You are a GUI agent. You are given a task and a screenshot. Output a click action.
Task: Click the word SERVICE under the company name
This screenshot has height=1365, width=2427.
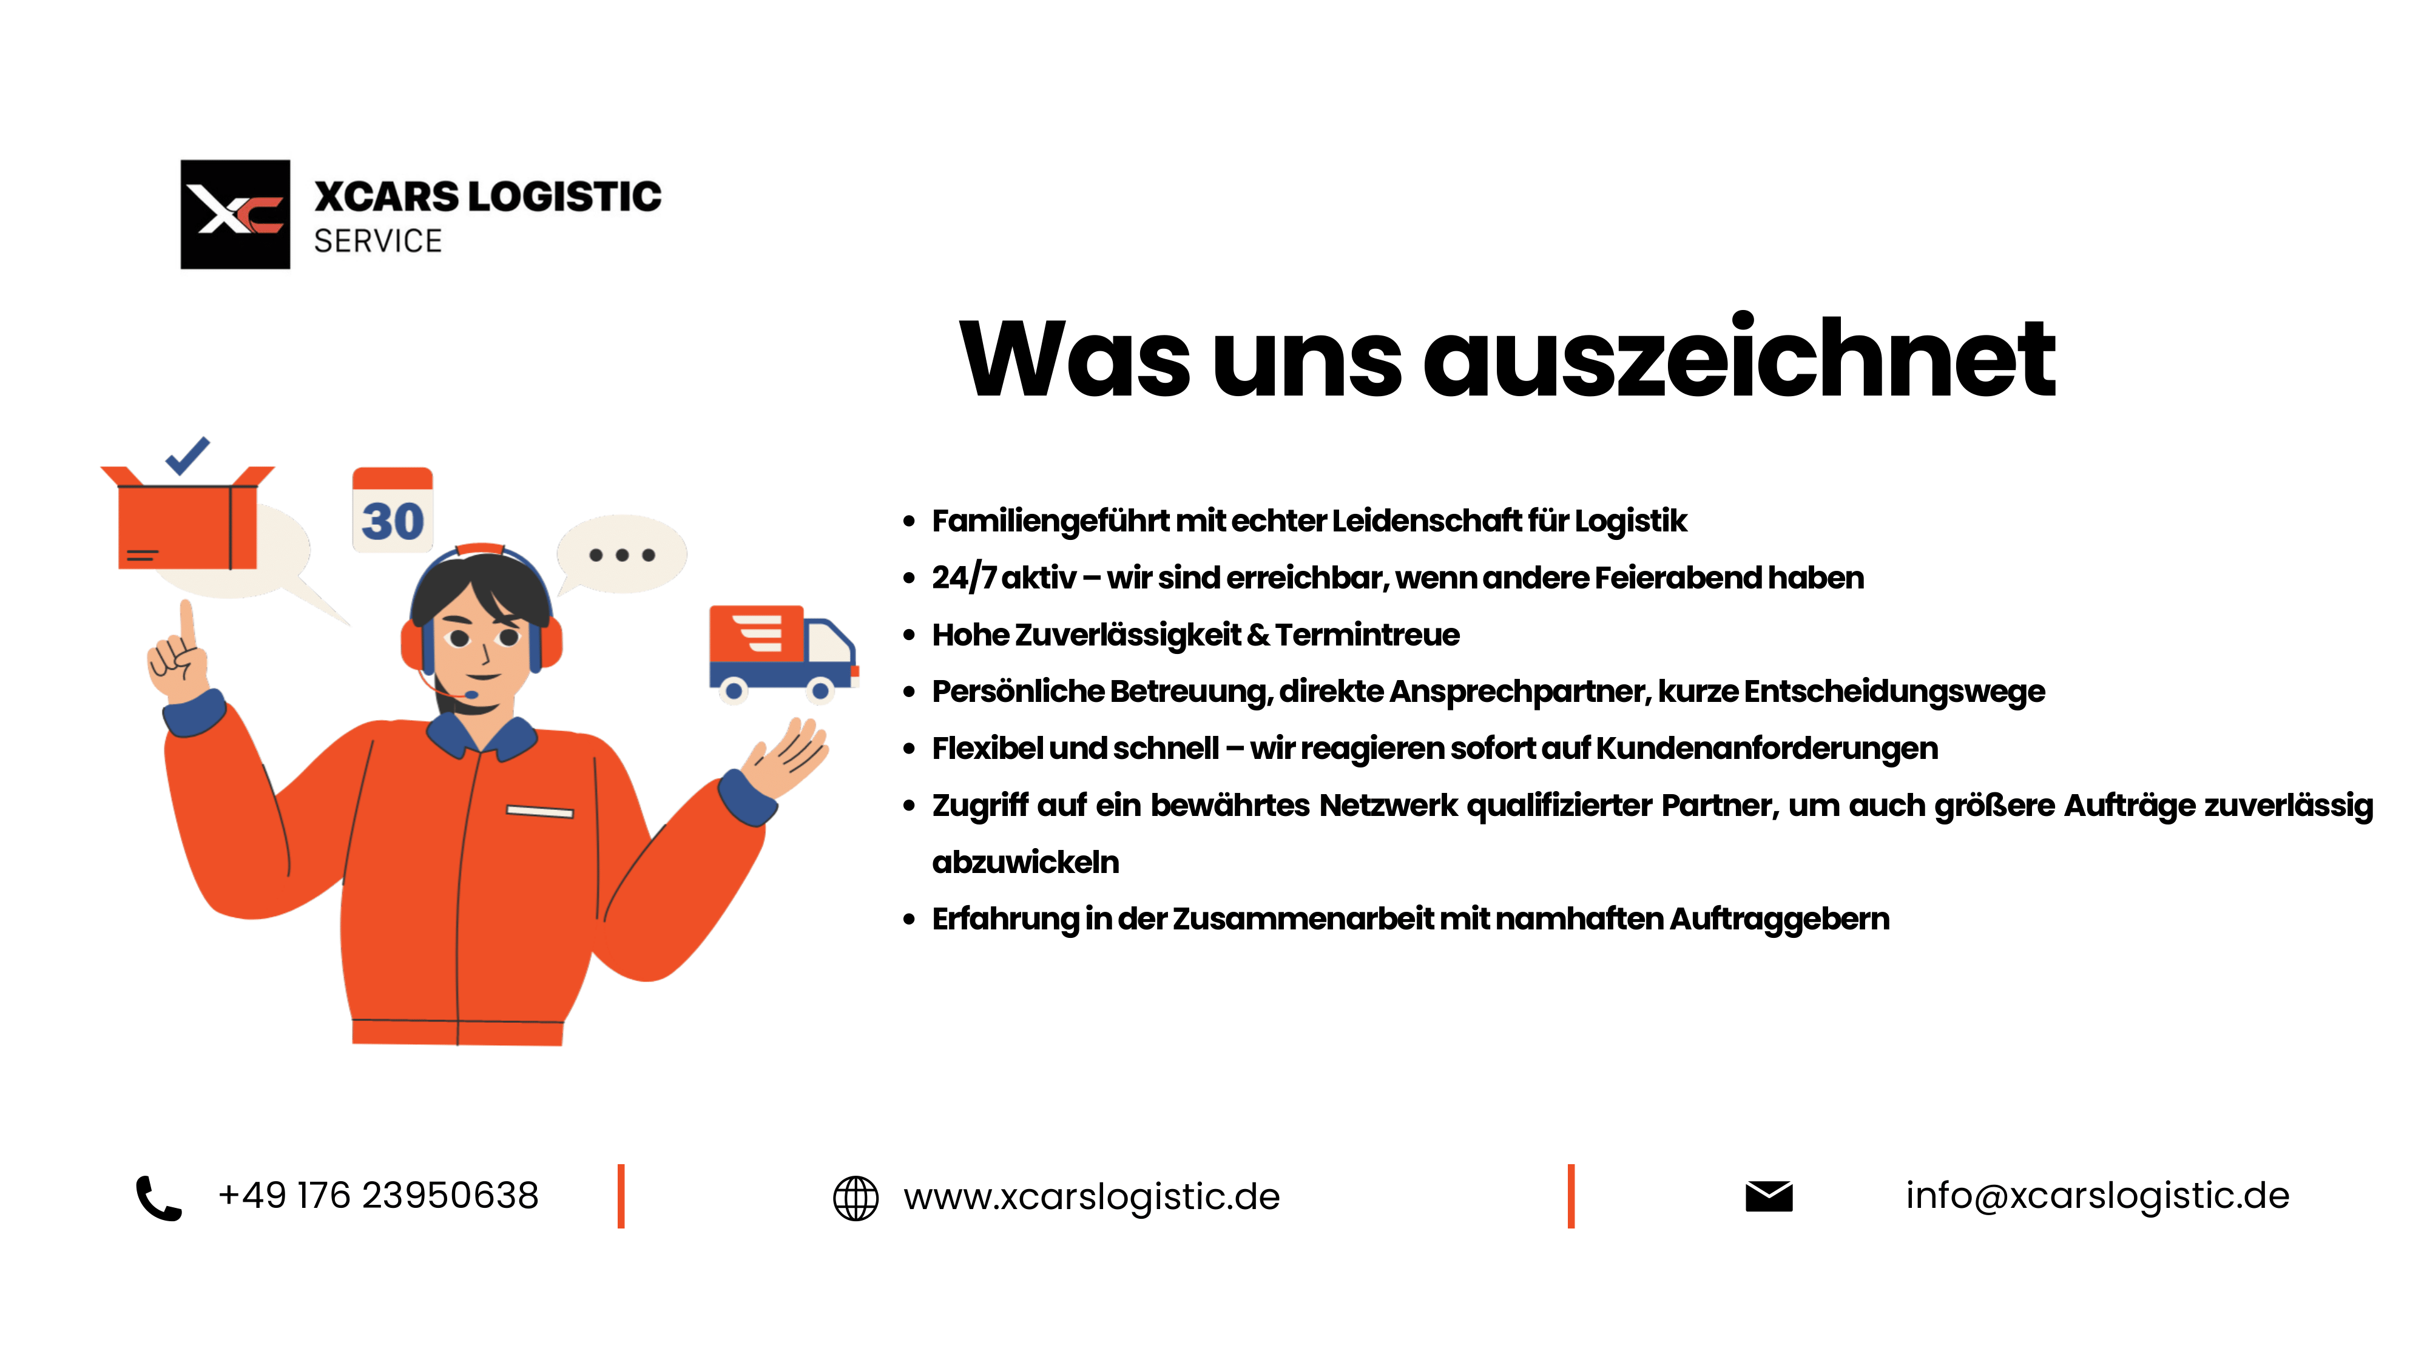tap(378, 241)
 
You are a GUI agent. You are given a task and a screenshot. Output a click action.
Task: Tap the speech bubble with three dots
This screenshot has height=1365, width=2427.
tap(622, 555)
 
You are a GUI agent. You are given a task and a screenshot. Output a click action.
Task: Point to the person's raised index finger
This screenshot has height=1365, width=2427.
tap(186, 624)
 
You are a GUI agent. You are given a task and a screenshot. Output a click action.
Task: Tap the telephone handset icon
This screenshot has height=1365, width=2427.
tap(159, 1198)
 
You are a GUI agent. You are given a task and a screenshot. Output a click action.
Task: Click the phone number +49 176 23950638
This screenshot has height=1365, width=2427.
tap(378, 1195)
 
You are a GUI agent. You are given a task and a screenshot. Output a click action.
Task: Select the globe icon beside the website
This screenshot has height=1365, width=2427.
tap(856, 1198)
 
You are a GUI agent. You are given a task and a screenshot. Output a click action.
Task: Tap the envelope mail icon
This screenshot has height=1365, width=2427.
tap(1769, 1196)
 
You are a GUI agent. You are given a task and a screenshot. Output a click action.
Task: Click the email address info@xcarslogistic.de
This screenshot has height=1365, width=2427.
tap(2098, 1195)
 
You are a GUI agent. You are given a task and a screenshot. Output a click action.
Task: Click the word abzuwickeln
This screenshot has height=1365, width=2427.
tap(1025, 862)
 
